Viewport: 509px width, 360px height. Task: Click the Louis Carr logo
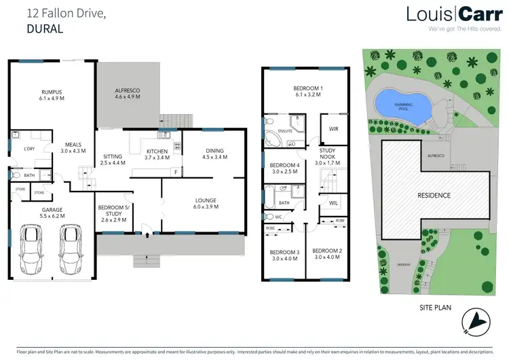coord(454,15)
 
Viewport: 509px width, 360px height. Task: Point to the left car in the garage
coord(31,249)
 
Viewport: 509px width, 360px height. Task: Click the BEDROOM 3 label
coord(284,256)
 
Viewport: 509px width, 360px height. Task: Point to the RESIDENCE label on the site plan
coord(433,195)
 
